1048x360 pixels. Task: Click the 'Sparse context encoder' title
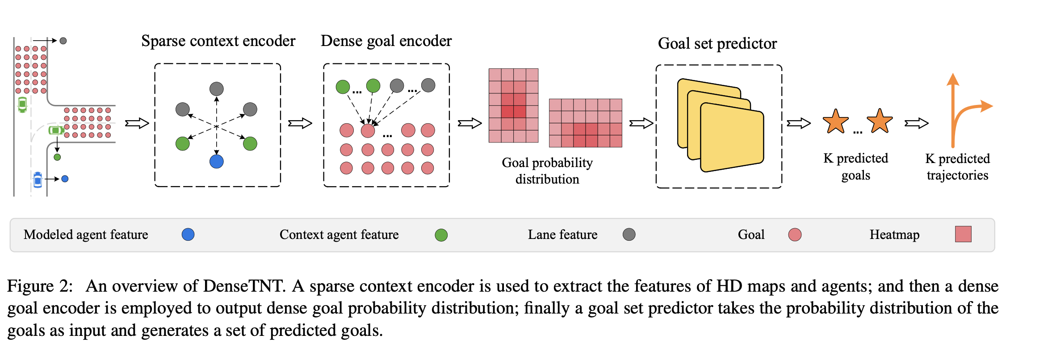click(218, 41)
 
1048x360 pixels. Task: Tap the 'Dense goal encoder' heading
click(386, 41)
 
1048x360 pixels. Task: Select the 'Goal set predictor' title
click(717, 44)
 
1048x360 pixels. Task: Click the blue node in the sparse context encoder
click(217, 161)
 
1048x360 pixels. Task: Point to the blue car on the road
click(38, 179)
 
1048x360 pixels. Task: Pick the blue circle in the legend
click(188, 234)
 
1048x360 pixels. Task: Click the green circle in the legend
click(441, 235)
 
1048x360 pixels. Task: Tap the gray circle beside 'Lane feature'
click(629, 234)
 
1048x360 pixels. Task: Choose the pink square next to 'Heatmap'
click(963, 234)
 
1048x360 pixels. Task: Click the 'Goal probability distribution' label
click(547, 171)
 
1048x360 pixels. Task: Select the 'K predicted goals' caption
click(855, 167)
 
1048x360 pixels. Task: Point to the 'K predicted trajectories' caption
click(957, 167)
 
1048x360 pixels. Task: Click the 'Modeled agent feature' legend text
click(86, 234)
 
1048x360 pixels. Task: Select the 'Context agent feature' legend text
click(339, 234)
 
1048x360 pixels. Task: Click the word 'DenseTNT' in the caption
click(243, 286)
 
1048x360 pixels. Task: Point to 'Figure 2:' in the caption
click(40, 286)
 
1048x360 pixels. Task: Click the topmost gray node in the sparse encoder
click(217, 88)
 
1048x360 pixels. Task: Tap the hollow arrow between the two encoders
click(300, 123)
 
